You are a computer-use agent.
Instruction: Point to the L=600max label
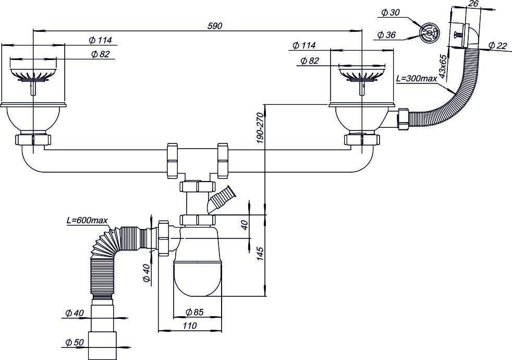[87, 221]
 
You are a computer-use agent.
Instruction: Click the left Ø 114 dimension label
[100, 40]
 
